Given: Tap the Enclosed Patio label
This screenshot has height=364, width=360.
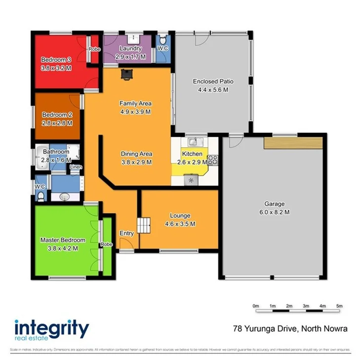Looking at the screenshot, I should tap(213, 81).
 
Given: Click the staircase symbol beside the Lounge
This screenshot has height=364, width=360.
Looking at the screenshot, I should tap(143, 225).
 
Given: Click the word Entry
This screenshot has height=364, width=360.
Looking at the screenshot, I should tap(126, 234).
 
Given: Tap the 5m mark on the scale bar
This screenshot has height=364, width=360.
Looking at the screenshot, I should tap(339, 306).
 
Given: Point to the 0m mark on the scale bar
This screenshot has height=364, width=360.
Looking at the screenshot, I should tap(256, 306).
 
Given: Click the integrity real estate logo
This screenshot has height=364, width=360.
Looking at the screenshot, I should tap(51, 330).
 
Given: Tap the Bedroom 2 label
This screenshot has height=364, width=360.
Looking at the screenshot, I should tap(57, 114).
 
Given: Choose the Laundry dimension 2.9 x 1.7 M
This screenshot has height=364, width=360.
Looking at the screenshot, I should tap(130, 57).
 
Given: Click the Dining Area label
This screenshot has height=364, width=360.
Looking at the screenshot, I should tap(136, 154).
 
